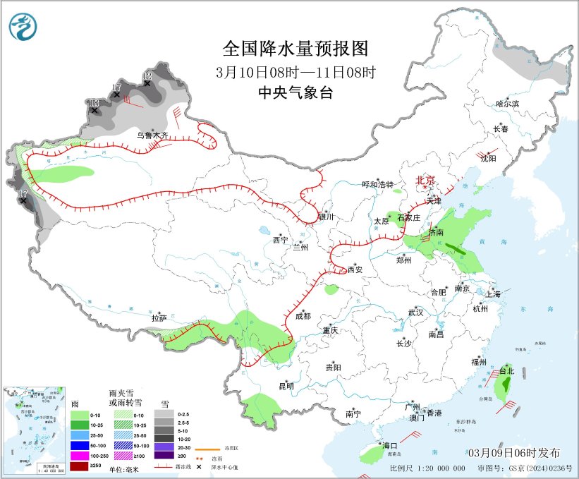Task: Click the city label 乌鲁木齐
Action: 152,135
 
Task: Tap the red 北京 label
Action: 427,180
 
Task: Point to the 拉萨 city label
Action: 159,318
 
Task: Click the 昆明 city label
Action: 286,385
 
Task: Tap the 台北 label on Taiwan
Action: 506,370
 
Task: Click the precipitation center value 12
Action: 147,75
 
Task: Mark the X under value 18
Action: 95,111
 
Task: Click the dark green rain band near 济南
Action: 454,248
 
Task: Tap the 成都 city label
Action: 303,316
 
